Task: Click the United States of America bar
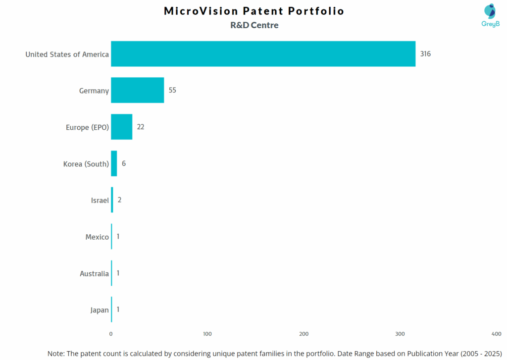(x=263, y=54)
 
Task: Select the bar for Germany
(x=137, y=90)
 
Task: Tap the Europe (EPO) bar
(x=121, y=127)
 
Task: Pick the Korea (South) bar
(x=114, y=163)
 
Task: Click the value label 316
(x=425, y=54)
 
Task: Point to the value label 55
(x=172, y=90)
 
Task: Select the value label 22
(x=141, y=127)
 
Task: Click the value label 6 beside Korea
(x=124, y=163)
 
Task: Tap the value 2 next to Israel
(x=119, y=200)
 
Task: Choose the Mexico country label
(x=97, y=237)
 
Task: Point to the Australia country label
(x=94, y=274)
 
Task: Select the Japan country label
(x=100, y=310)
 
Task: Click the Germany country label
(x=94, y=91)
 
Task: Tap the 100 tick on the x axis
(x=207, y=334)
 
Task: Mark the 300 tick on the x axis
(x=400, y=334)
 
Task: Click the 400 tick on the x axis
(x=496, y=334)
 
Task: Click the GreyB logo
(x=490, y=15)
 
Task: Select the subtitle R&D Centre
(x=254, y=25)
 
